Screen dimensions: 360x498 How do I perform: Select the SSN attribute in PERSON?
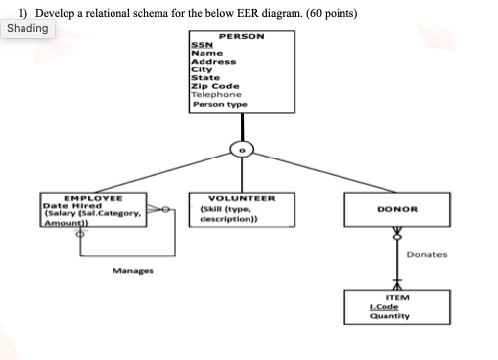coord(199,45)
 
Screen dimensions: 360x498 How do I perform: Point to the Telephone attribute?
coord(211,94)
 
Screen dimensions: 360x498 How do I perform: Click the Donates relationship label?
coord(427,254)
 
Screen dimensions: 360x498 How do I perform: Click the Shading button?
coord(27,28)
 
